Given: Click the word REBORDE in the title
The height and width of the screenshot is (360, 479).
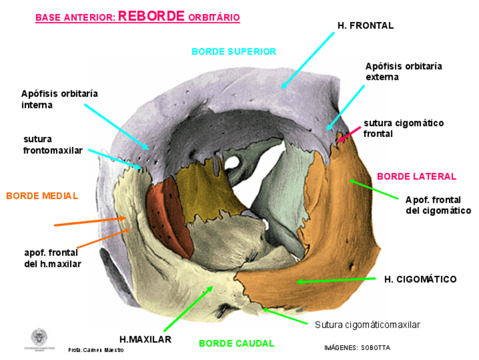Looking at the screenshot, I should coord(151,16).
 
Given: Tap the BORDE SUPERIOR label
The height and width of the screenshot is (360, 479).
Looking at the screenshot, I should coord(233,51).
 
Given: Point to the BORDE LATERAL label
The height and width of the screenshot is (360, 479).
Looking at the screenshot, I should coord(416,176).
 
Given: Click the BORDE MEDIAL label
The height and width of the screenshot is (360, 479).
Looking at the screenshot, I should coord(42,196).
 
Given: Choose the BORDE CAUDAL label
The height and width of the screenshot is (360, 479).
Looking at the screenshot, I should coord(236,343).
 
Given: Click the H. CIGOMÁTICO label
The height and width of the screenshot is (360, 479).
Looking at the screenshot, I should coord(420,279).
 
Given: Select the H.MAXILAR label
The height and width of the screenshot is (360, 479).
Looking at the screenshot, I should coord(146,339).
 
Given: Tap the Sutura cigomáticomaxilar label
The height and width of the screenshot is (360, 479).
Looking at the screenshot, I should coord(367,324).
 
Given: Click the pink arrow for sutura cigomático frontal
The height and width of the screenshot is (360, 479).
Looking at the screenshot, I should coord(349,132).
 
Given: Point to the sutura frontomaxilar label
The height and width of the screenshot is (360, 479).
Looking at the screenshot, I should coord(53,145).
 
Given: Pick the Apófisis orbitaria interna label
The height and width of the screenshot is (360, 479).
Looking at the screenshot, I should coord(59,99).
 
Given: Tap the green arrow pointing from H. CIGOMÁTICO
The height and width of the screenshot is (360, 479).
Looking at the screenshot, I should coord(336,280).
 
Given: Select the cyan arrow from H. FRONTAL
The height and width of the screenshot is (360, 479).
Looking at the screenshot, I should coord(308,60).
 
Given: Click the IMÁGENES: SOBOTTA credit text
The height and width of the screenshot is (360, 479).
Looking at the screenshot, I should coord(357,348).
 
